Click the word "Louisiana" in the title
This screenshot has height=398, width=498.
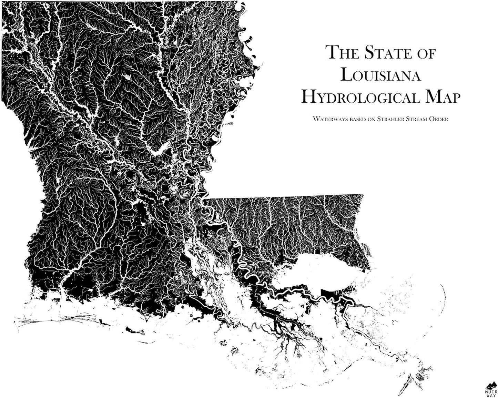pyautogui.click(x=380, y=75)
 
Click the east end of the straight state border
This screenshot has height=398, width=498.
pyautogui.click(x=363, y=195)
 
